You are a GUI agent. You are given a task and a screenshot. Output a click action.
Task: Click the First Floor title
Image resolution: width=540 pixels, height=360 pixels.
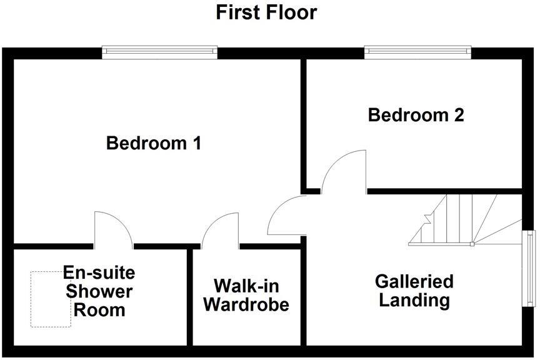coord(266,12)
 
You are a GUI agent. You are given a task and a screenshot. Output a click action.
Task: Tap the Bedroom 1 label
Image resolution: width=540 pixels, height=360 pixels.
coord(154,144)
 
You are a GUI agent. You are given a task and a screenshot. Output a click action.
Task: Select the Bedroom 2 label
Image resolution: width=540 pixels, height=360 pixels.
coord(416,116)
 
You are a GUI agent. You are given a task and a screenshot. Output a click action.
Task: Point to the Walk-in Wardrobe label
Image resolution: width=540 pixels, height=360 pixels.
coord(246,296)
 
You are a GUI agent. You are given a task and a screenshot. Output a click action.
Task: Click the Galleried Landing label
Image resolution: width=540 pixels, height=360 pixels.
coord(414,291)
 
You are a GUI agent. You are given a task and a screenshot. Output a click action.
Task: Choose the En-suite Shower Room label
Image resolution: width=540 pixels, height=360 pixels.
coord(99,291)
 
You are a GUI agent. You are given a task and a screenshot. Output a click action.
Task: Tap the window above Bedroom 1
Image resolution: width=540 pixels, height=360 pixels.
coord(160,52)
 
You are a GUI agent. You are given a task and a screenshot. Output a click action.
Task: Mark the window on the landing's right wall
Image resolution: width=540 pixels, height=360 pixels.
coord(529,269)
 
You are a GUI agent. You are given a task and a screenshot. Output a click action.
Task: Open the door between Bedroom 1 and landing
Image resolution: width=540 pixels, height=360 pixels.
coord(286,216)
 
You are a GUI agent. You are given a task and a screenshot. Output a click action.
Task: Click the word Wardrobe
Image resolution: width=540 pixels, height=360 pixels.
coord(246,305)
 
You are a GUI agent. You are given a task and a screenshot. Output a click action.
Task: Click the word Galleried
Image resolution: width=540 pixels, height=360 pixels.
coord(414,281)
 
